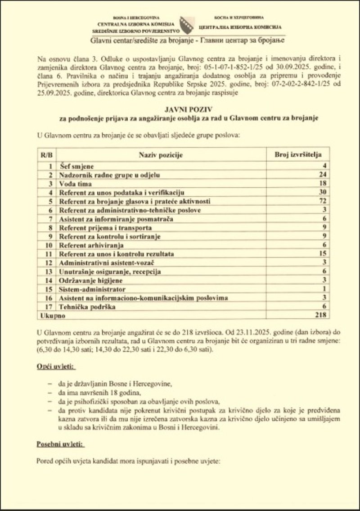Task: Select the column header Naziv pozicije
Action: click(161, 155)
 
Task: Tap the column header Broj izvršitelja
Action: click(298, 155)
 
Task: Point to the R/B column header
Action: click(46, 155)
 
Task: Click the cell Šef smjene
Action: click(76, 166)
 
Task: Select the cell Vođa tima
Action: click(75, 184)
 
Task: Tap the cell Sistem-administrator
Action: click(92, 289)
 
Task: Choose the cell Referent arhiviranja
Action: click(91, 245)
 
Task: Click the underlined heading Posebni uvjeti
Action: click(59, 444)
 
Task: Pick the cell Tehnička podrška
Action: click(87, 307)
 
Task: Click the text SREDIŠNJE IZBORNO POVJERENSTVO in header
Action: click(135, 31)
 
